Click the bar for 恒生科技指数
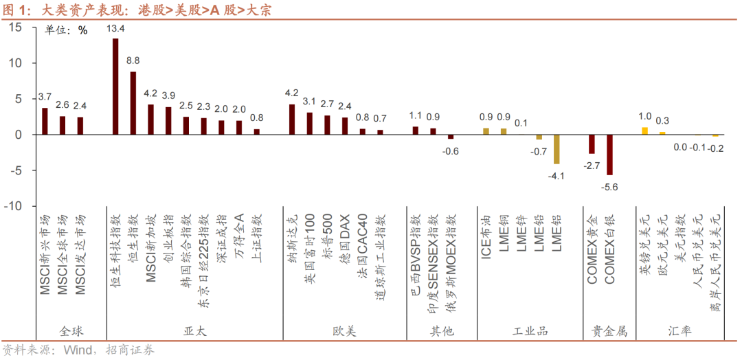pos(115,87)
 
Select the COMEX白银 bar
pos(609,155)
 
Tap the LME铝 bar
pos(556,149)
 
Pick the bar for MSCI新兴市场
pos(45,121)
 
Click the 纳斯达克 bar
pos(292,120)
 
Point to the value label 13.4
pos(116,29)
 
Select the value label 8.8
pos(133,60)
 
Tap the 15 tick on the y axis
pos(15,27)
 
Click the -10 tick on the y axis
pos(12,206)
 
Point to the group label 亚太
pos(195,331)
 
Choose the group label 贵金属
pos(609,331)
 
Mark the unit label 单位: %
pos(67,30)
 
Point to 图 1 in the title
pos(16,9)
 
